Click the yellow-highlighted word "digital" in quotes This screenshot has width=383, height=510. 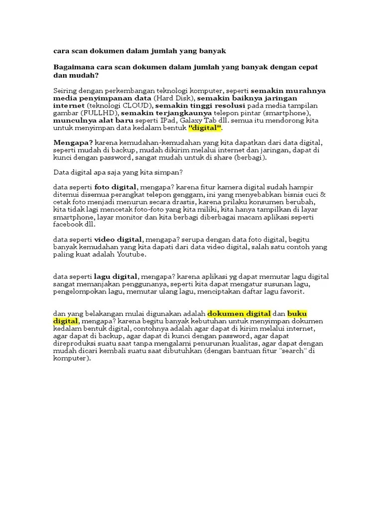click(x=205, y=128)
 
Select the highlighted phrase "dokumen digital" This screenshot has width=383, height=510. click(x=239, y=313)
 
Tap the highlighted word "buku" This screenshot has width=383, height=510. click(x=297, y=313)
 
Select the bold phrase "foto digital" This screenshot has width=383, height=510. click(x=115, y=187)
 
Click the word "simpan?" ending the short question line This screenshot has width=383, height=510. click(x=171, y=172)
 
